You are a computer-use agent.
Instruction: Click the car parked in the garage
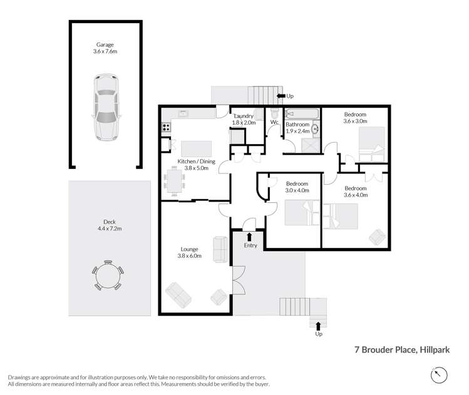click(x=105, y=107)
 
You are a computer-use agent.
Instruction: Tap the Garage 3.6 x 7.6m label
click(x=105, y=48)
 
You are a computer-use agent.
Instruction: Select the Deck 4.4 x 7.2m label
click(x=110, y=225)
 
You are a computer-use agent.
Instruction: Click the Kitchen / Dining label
click(x=196, y=162)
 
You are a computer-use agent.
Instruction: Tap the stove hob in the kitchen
click(x=167, y=127)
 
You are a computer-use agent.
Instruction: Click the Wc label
click(x=274, y=121)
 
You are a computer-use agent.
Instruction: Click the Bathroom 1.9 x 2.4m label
click(x=298, y=128)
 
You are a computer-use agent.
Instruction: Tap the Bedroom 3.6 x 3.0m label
click(x=355, y=118)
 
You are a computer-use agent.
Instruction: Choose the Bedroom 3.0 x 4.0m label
click(x=297, y=187)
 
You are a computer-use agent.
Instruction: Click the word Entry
click(x=250, y=245)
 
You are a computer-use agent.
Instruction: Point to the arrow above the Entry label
click(x=250, y=236)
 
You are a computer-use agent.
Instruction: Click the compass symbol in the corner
click(x=440, y=374)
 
